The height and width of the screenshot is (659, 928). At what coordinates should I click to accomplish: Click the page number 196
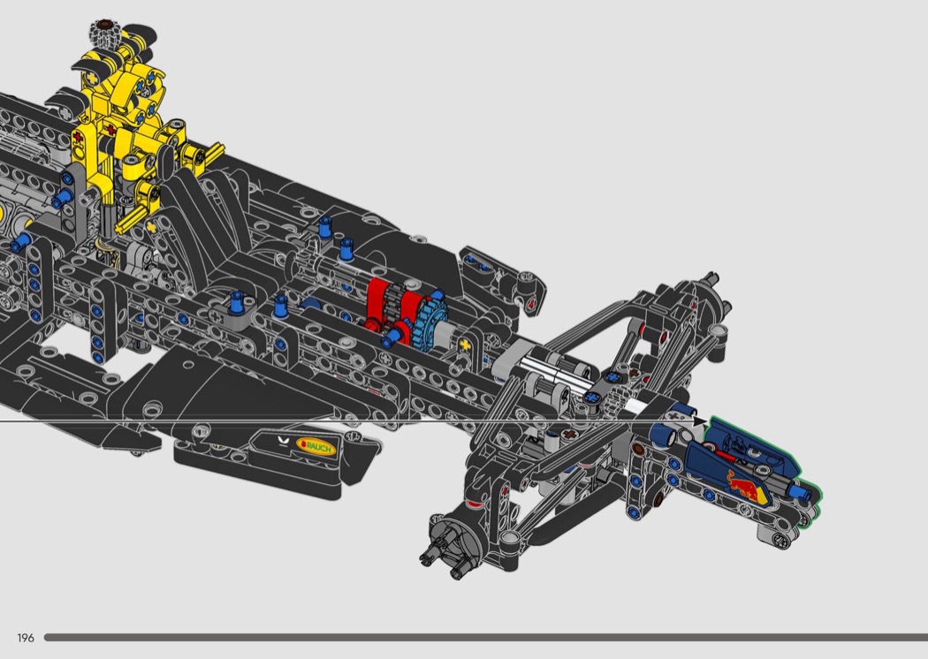26,638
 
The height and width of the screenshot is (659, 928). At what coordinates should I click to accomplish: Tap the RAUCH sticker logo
316,446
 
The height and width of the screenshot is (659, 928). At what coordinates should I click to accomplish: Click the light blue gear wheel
431,322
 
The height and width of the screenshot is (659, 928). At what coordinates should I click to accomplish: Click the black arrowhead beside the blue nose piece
699,421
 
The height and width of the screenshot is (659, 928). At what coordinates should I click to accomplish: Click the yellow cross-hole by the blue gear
465,345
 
